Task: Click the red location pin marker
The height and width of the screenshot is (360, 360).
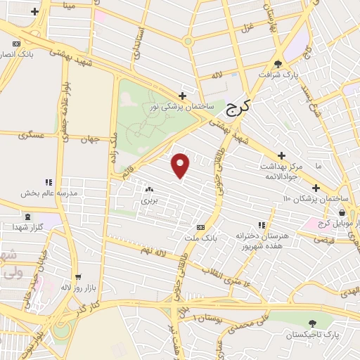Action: coord(181,165)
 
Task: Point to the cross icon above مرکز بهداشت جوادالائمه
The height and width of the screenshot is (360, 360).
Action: coord(281,155)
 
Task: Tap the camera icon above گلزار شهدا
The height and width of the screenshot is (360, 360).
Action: coord(27,216)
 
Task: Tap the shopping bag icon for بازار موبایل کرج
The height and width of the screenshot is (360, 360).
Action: coord(342,212)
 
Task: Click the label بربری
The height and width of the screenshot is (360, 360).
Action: coord(148,201)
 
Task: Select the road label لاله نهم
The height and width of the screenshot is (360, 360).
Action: coord(152,250)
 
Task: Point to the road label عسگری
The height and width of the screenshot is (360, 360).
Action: coord(32,134)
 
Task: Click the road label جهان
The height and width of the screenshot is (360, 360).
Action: coord(86,139)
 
